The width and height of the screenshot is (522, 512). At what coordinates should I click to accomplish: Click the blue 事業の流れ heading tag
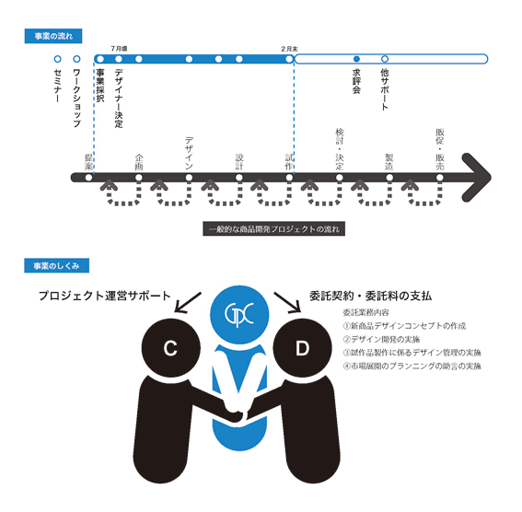coord(53,36)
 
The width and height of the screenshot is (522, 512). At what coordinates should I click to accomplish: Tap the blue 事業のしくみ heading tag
coord(56,265)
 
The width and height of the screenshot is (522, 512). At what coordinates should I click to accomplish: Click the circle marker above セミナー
coord(58,59)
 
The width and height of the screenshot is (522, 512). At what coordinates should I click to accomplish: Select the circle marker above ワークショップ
coord(76,59)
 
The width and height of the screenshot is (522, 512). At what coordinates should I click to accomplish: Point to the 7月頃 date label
coord(119,49)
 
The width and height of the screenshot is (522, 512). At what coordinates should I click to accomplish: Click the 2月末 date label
coord(289,49)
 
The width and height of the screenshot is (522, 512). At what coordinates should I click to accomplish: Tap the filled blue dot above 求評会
coord(356,59)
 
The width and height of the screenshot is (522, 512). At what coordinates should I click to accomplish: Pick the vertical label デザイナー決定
coord(119,99)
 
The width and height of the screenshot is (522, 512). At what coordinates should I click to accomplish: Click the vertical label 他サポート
coord(385,89)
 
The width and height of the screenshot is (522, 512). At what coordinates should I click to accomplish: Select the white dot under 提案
coord(88,178)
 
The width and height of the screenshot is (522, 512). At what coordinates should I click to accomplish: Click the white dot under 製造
coord(389,178)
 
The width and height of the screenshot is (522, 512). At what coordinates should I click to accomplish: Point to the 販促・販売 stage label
coord(440,149)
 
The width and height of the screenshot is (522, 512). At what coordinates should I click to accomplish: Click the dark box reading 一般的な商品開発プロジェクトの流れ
coord(274,228)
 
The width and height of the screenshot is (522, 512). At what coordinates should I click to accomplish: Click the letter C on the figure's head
coord(170,348)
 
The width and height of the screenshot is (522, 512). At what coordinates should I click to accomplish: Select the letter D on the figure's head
coord(302,348)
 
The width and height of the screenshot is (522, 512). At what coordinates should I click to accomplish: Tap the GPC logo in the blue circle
coord(239,314)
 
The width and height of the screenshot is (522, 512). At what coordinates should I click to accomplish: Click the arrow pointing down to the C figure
coord(188,303)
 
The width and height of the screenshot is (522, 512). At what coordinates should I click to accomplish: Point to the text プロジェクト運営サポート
coord(105,296)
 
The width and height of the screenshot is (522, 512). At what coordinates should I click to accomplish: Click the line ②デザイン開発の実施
coord(381,339)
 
